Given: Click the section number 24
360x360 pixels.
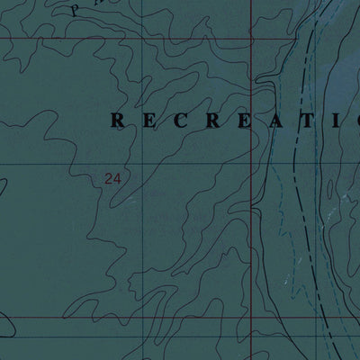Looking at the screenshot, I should pyautogui.click(x=112, y=179).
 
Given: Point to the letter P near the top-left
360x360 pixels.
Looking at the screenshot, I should pyautogui.click(x=75, y=10).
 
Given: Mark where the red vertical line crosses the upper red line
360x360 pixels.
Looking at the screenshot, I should pyautogui.click(x=251, y=40).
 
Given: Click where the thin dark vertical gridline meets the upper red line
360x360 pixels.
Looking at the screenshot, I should pyautogui.click(x=127, y=40).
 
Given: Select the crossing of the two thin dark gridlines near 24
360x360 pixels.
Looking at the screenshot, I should pyautogui.click(x=127, y=164).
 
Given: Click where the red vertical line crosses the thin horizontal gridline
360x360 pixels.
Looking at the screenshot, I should pyautogui.click(x=251, y=164).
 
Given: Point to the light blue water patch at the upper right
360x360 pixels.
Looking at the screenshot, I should pyautogui.click(x=337, y=54).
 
